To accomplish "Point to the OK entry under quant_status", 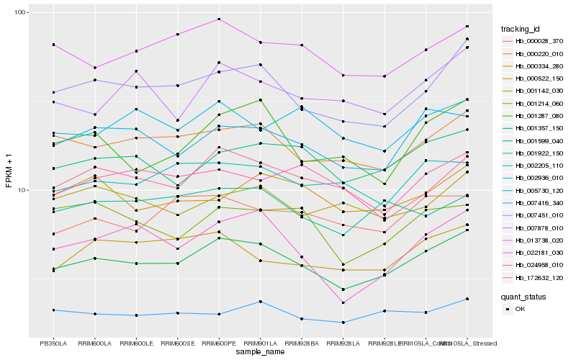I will click(520, 309).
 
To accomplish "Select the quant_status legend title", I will click(524, 297).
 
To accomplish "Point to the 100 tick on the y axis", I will click(20, 13).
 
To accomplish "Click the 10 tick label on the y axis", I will click(22, 190).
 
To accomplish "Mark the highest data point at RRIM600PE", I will click(219, 19).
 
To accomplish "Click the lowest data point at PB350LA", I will click(53, 310).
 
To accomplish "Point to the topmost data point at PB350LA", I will click(53, 45).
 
